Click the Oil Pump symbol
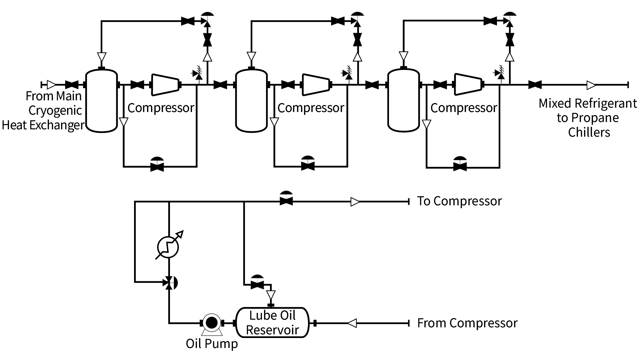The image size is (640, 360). pyautogui.click(x=211, y=323)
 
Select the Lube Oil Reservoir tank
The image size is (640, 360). pyautogui.click(x=272, y=323)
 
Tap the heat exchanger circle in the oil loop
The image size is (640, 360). pyautogui.click(x=168, y=247)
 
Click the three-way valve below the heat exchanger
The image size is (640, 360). pyautogui.click(x=169, y=283)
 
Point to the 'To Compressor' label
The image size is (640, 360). pyautogui.click(x=459, y=201)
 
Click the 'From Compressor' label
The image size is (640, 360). pyautogui.click(x=467, y=323)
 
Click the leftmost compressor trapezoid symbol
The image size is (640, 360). pyautogui.click(x=165, y=85)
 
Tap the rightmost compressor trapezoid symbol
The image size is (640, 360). pyautogui.click(x=468, y=85)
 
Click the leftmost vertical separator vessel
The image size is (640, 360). pyautogui.click(x=102, y=100)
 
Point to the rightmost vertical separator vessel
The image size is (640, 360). pyautogui.click(x=404, y=100)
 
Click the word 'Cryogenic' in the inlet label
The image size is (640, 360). pyautogui.click(x=55, y=111)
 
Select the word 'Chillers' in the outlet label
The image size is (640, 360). pyautogui.click(x=589, y=132)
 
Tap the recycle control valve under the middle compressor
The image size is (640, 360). pyautogui.click(x=307, y=165)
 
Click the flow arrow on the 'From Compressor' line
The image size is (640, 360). pyautogui.click(x=352, y=323)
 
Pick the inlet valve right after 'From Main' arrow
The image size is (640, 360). pyautogui.click(x=71, y=85)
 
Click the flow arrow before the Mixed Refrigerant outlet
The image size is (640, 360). pyautogui.click(x=591, y=85)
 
